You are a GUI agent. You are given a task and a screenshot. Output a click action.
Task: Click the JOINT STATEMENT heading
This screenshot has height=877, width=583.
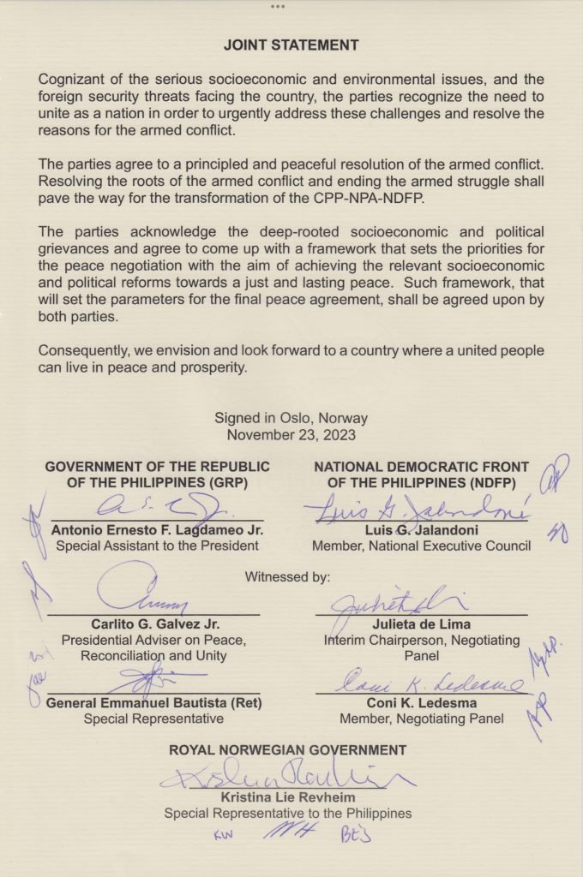291,45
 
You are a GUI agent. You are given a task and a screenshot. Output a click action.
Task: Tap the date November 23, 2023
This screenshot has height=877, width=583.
291,434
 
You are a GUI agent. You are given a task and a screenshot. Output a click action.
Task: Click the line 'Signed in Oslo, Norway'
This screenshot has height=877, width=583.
291,419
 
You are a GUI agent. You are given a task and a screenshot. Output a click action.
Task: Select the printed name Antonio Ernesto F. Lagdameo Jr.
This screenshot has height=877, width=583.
157,529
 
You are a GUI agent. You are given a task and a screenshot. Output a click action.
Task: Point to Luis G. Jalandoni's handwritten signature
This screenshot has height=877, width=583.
416,510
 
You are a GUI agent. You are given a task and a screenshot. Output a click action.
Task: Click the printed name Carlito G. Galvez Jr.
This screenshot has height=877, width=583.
153,623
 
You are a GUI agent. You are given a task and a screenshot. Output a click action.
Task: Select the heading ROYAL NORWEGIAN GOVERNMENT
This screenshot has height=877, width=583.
287,750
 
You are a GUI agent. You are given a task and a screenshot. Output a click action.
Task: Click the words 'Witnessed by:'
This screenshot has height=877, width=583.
287,576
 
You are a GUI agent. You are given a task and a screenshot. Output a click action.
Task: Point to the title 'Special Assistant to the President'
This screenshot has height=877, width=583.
157,546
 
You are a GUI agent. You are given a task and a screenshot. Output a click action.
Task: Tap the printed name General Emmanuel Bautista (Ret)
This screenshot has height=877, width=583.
154,703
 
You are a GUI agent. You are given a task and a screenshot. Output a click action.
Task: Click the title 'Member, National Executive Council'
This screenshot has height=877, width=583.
421,546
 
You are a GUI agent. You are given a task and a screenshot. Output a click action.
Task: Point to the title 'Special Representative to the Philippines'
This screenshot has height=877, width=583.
287,814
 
